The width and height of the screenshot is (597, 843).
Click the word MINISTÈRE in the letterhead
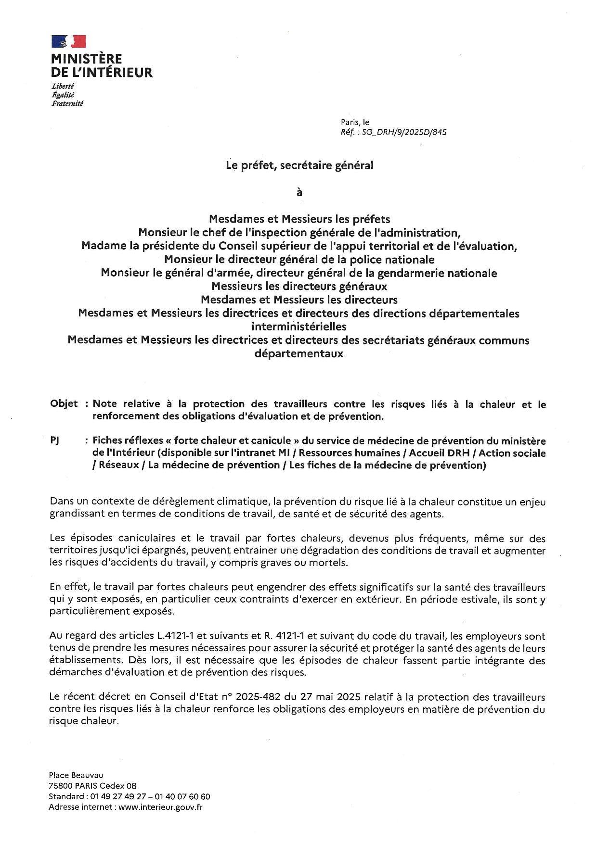pos(87,59)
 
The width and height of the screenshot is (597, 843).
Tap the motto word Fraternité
pos(67,104)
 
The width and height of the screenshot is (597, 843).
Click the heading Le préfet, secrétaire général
pos(300,165)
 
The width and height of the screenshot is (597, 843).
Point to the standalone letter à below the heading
pos(299,192)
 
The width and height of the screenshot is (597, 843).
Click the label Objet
pos(64,404)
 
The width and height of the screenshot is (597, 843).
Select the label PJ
pos(54,440)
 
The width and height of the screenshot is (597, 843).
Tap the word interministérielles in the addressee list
pos(299,327)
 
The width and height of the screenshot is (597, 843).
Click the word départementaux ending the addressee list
pos(298,353)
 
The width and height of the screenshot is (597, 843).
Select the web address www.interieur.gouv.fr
pos(160,807)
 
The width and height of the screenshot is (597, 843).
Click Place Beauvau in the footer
pos(76,775)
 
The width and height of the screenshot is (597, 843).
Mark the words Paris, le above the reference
pos(355,122)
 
